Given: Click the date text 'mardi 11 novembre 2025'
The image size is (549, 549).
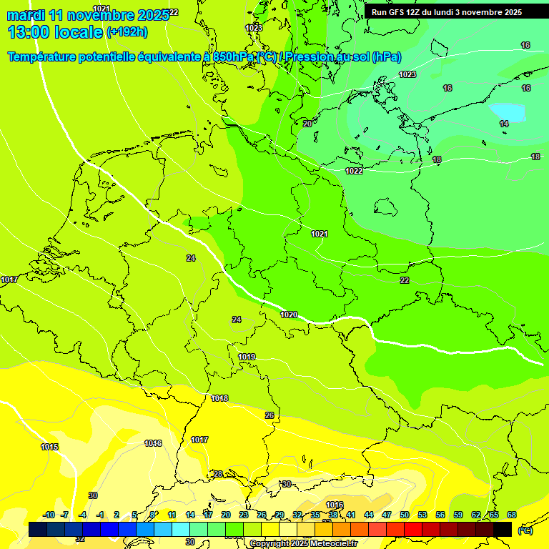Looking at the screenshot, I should tap(87, 15).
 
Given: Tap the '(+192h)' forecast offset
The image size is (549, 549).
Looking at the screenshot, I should tap(127, 32).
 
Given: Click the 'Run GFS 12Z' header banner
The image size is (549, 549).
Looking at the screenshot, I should tap(447, 12).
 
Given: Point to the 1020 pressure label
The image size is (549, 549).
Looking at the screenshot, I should tap(289, 315).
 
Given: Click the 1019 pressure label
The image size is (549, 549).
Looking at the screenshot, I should tap(247, 357).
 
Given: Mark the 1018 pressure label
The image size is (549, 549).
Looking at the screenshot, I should tap(219, 398).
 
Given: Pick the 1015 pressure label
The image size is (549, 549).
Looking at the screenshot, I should tap(49, 447).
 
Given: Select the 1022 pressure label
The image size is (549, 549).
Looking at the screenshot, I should tap(354, 171).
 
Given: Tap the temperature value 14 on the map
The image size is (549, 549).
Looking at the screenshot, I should tap(504, 124).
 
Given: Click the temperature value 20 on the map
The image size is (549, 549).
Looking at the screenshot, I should tap(307, 124).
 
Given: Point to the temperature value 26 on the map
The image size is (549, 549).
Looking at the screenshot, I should tap(269, 415).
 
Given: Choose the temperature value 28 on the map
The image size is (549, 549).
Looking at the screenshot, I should tap(218, 474).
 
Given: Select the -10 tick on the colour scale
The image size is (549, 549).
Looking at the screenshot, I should tap(49, 515).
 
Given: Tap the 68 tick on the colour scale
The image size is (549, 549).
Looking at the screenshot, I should tap(512, 515).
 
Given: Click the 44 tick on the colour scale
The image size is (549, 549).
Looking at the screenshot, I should tap(369, 515).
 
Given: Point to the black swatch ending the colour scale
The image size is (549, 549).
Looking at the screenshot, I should tap(503, 529).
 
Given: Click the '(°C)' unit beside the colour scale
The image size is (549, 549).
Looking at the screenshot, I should tap(525, 530).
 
